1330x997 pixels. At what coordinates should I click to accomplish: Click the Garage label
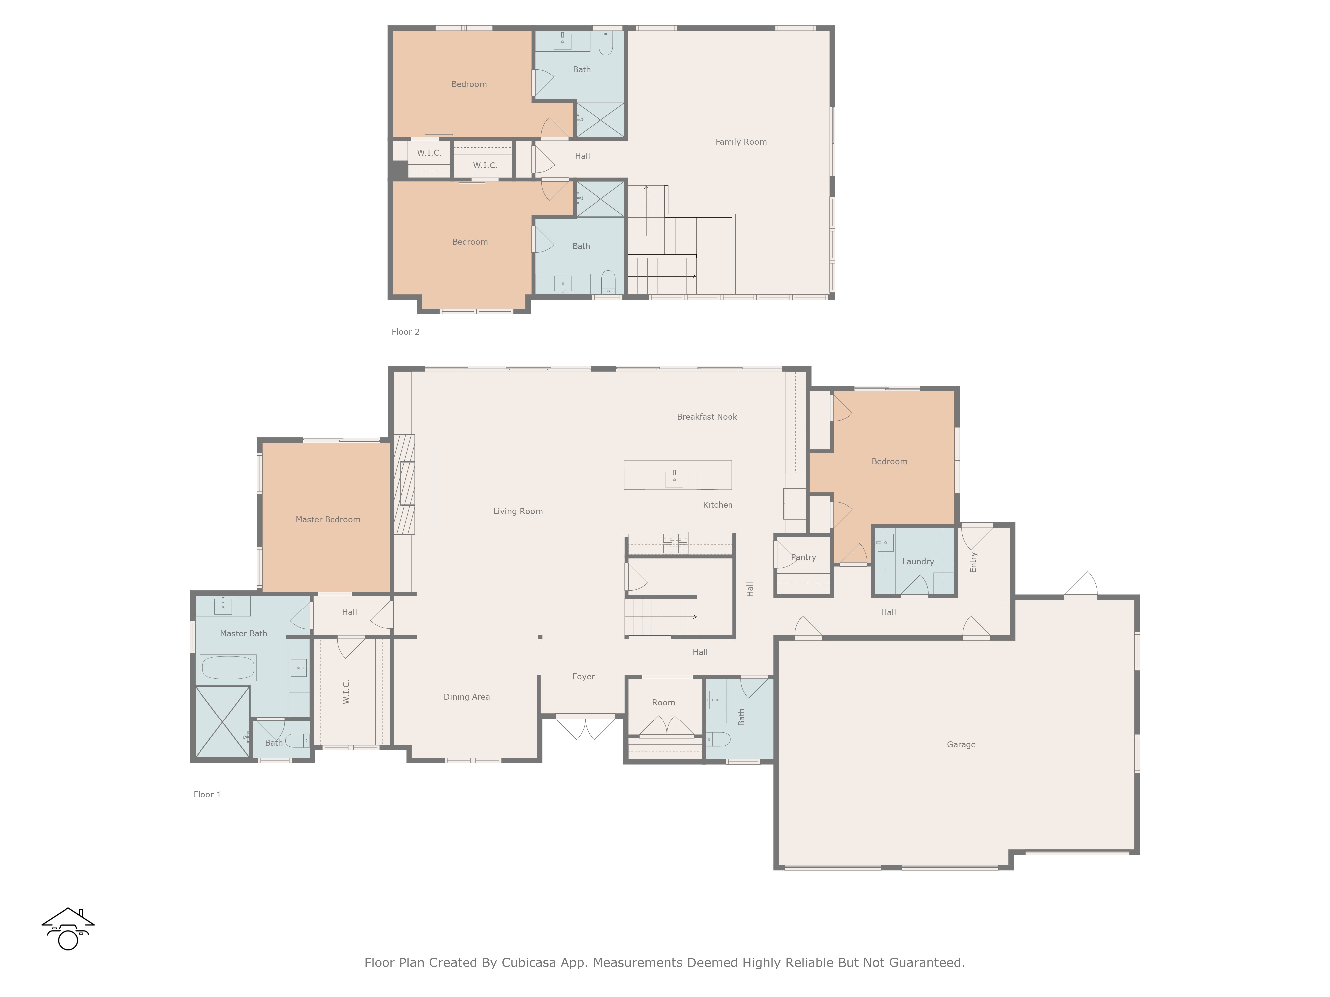961,745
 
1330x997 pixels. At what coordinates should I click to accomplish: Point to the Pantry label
803,557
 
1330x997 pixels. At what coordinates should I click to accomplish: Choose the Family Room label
741,142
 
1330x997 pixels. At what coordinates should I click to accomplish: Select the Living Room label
518,511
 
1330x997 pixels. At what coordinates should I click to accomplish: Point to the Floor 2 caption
405,332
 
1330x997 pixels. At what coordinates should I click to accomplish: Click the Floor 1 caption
207,795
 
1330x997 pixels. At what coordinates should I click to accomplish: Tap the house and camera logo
68,929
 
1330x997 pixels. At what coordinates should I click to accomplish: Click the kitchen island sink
674,479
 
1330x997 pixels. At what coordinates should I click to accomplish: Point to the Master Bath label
243,633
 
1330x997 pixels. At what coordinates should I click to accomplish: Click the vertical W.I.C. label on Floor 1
346,692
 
